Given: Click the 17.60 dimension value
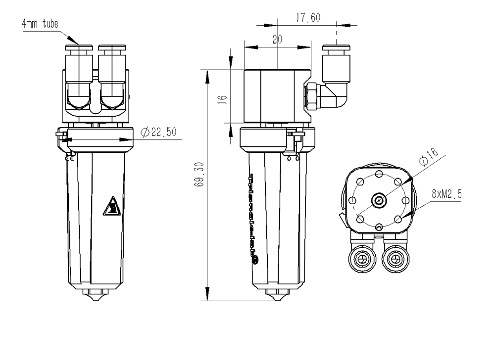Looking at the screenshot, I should (308, 18).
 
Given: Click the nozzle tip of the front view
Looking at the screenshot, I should (97, 298).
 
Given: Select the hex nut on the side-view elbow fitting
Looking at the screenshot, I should (312, 96).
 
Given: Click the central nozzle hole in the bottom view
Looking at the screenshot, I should (379, 201).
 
